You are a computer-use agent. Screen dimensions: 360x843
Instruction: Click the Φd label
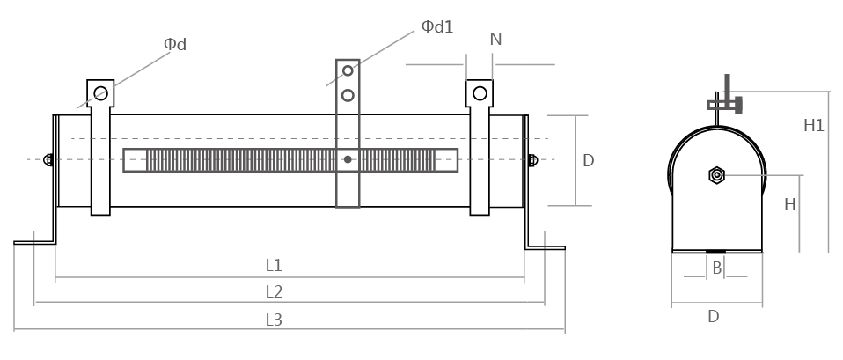177,44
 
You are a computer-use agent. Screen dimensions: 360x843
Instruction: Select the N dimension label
495,39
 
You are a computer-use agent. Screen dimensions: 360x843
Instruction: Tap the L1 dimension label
274,265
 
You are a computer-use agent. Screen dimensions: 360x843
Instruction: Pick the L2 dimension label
274,291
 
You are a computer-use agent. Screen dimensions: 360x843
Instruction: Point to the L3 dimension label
274,320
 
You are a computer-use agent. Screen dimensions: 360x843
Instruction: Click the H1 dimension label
814,126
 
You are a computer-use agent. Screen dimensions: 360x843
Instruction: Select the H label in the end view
790,204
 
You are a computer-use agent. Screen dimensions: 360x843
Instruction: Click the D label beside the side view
589,161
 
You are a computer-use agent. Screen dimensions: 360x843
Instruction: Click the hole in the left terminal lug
101,92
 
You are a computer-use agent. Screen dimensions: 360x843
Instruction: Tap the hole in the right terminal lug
480,92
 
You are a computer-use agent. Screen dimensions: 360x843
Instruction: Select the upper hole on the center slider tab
348,70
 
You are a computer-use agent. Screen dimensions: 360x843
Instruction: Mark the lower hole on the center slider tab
348,93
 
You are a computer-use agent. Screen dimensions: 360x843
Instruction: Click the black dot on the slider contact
348,159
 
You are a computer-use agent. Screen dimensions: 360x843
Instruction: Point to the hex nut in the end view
716,175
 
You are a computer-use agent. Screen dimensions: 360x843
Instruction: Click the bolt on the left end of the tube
48,159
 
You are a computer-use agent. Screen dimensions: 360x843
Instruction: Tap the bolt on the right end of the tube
532,160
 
